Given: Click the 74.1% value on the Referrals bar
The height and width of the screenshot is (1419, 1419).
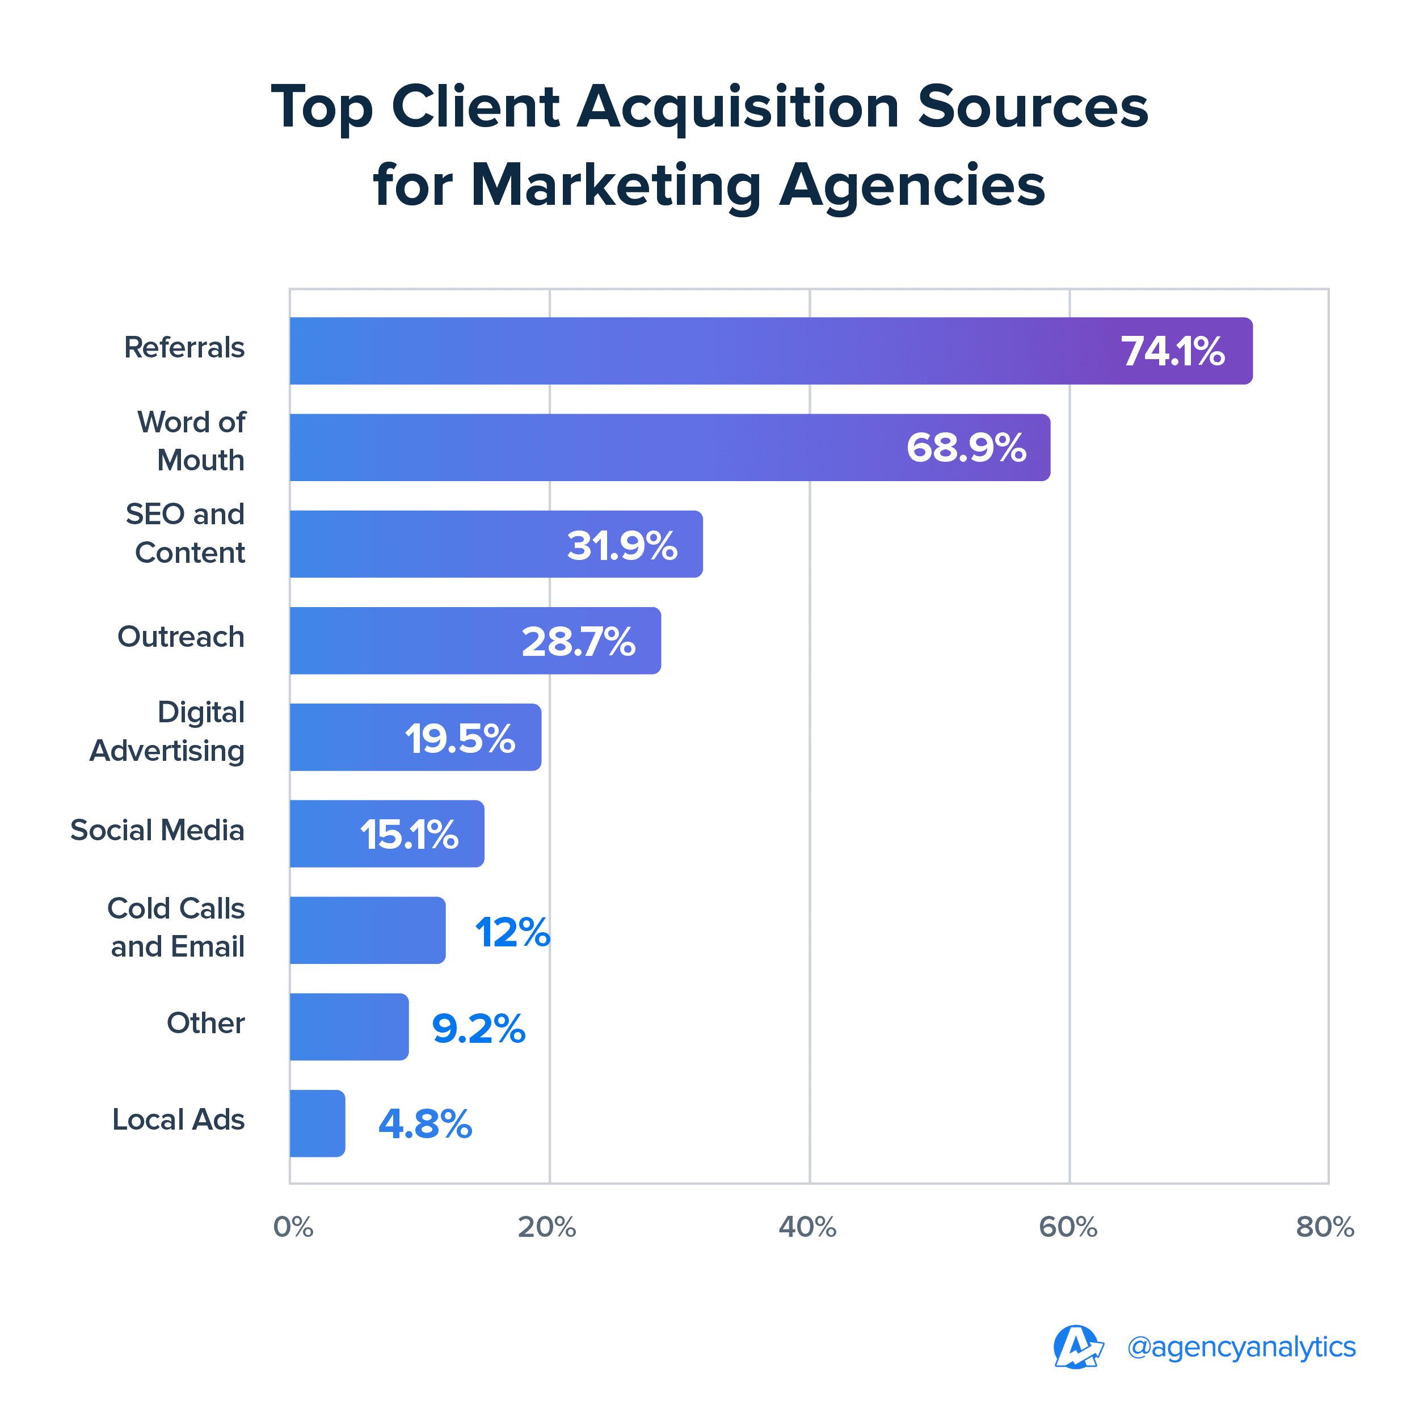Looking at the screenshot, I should click(x=1172, y=351).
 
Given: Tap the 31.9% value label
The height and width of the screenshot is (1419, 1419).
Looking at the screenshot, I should click(x=621, y=545).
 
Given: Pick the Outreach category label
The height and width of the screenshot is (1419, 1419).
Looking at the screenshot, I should click(x=180, y=637).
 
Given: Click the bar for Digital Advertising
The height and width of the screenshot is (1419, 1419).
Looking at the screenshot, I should click(x=415, y=738).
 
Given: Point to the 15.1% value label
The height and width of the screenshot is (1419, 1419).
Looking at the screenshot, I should click(x=409, y=835).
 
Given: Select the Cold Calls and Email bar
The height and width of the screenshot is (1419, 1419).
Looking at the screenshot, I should click(x=367, y=930).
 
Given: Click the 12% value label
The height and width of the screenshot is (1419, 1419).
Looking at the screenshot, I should click(x=512, y=932).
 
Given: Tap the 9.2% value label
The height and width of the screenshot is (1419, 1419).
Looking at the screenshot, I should click(x=478, y=1028).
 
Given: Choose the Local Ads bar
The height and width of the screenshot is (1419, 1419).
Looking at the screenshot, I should click(x=317, y=1124).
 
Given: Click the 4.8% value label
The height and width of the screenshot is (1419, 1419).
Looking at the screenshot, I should click(x=424, y=1125).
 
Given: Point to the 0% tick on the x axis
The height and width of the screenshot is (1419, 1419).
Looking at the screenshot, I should click(x=293, y=1227).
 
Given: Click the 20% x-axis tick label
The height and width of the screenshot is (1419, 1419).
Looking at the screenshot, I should click(x=546, y=1227).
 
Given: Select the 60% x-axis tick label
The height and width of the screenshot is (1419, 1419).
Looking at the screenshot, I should click(x=1068, y=1227).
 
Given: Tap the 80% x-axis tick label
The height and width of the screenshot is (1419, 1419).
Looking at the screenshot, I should click(x=1325, y=1227).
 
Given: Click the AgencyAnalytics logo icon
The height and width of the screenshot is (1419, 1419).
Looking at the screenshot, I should click(x=1077, y=1347).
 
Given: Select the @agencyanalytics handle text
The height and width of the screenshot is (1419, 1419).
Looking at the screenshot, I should click(x=1241, y=1347).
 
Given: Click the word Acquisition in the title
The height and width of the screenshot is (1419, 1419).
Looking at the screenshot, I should click(x=738, y=107).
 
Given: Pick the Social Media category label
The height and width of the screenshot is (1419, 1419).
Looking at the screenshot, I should click(x=157, y=831).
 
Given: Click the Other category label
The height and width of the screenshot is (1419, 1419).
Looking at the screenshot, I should click(x=205, y=1023).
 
